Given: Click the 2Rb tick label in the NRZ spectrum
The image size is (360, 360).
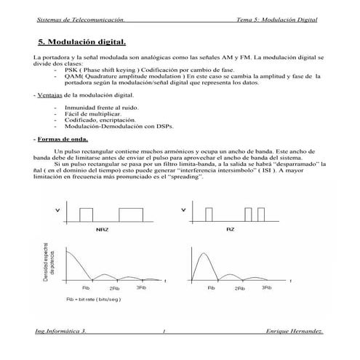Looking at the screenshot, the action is click(x=116, y=289).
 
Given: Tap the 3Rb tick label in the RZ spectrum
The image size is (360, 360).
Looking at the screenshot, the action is click(x=266, y=289).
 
